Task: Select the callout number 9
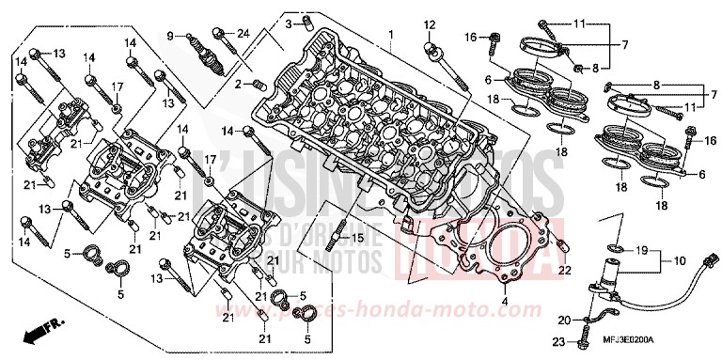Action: pyautogui.click(x=171, y=36)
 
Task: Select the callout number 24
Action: pyautogui.click(x=243, y=34)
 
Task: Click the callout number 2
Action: pyautogui.click(x=239, y=85)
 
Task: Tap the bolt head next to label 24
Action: pyautogui.click(x=222, y=36)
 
